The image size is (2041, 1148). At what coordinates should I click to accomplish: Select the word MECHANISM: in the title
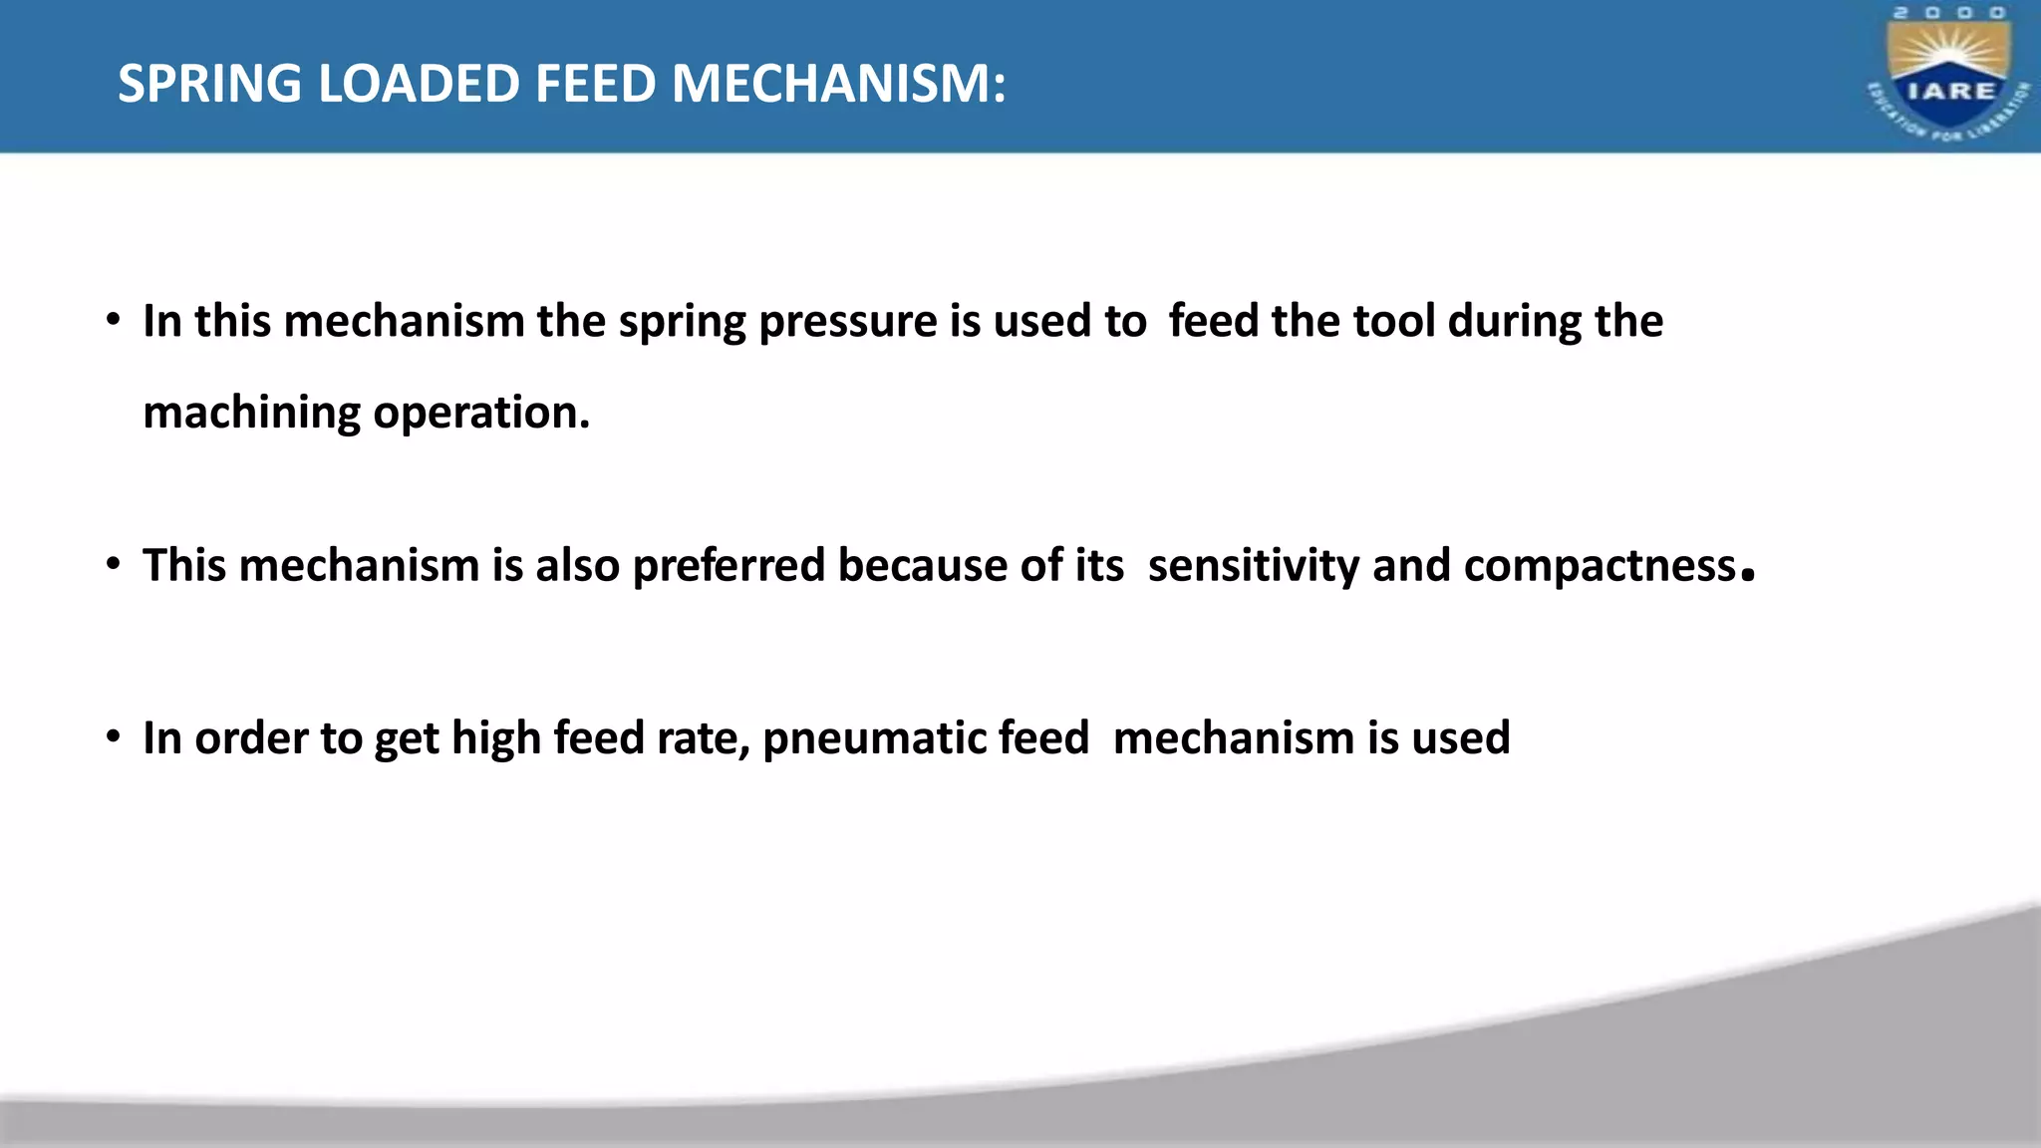pos(838,84)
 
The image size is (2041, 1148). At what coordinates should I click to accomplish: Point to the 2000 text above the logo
pos(1949,13)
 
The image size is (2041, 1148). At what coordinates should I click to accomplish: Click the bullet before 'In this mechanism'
pos(114,321)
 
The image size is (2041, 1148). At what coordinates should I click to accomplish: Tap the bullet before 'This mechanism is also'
pos(114,565)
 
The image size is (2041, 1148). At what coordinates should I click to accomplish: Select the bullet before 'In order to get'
pos(114,738)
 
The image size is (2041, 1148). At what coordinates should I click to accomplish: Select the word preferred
pos(729,566)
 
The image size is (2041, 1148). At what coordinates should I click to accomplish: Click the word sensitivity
pos(1253,566)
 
